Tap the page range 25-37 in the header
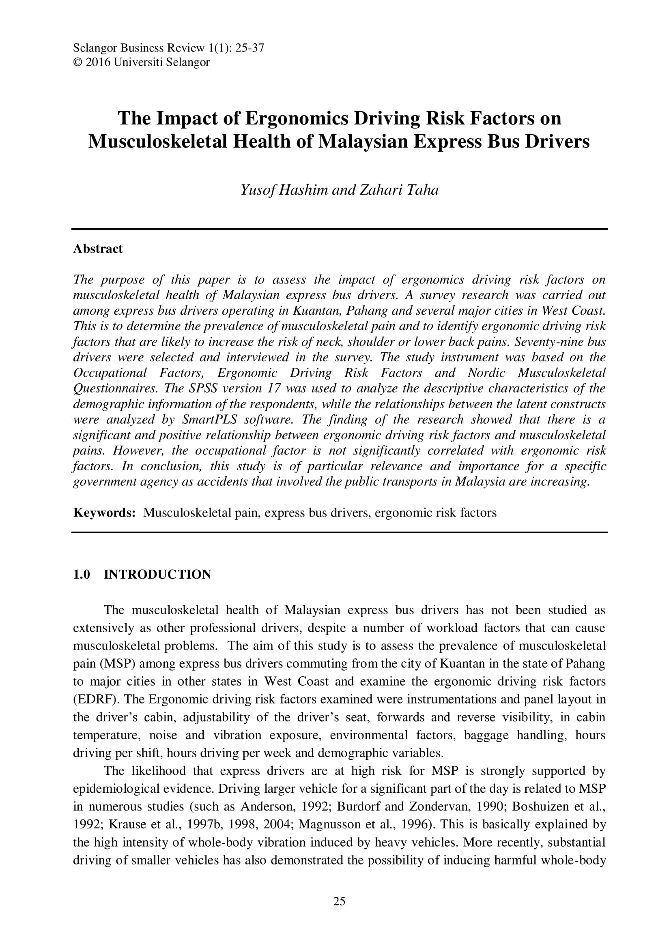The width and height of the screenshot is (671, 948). coord(249,48)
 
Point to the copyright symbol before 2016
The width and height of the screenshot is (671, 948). coord(77,62)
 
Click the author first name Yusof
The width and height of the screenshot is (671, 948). coord(258,189)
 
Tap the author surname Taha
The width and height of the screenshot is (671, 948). coord(423,189)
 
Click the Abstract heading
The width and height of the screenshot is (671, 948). coord(98,249)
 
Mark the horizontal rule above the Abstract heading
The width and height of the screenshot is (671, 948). coord(339,229)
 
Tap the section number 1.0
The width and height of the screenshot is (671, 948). coord(82,574)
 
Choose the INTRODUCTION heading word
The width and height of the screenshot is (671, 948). coord(157,574)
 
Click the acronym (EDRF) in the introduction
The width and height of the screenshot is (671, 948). coord(95,699)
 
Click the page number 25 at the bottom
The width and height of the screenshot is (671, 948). coord(339,902)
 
